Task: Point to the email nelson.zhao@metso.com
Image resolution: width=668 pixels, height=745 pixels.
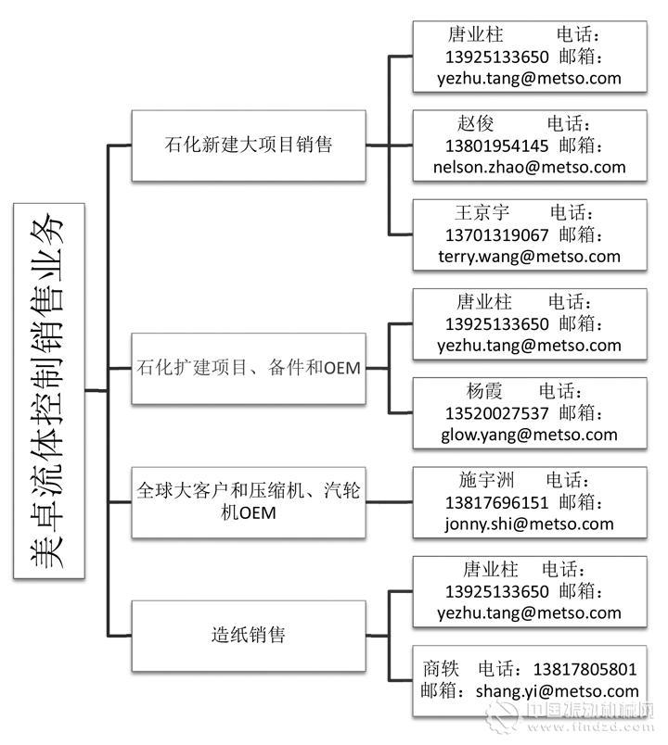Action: coord(529,168)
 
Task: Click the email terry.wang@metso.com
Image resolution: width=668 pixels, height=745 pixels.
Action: coord(529,257)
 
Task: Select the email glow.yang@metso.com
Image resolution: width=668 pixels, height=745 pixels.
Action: coord(529,435)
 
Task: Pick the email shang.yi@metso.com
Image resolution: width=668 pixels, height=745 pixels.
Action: coord(557,690)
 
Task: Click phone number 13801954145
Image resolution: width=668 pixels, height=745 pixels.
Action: coord(496,145)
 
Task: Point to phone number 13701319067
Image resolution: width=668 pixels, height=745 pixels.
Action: coord(496,234)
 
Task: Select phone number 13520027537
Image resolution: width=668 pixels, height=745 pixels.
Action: coord(496,412)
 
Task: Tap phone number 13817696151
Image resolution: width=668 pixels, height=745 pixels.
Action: coord(496,501)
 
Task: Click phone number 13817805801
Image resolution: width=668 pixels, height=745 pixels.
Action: coord(585,668)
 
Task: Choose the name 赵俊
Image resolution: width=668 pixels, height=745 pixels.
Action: coord(475,123)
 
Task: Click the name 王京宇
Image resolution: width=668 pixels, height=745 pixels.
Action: coord(482,212)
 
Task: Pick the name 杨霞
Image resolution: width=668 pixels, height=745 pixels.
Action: coord(484,390)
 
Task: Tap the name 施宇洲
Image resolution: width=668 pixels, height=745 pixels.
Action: coord(486,479)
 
